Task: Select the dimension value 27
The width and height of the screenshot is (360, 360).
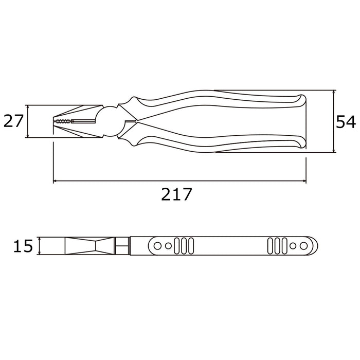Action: [x=14, y=121]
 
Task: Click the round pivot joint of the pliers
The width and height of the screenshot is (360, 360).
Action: [x=109, y=121]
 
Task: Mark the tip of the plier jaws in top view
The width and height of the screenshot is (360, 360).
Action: [x=54, y=122]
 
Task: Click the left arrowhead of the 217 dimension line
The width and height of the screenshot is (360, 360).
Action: [x=56, y=181]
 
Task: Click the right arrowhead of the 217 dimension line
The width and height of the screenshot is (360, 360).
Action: [x=303, y=181]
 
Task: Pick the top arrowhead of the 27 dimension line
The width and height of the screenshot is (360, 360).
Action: [x=27, y=107]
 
